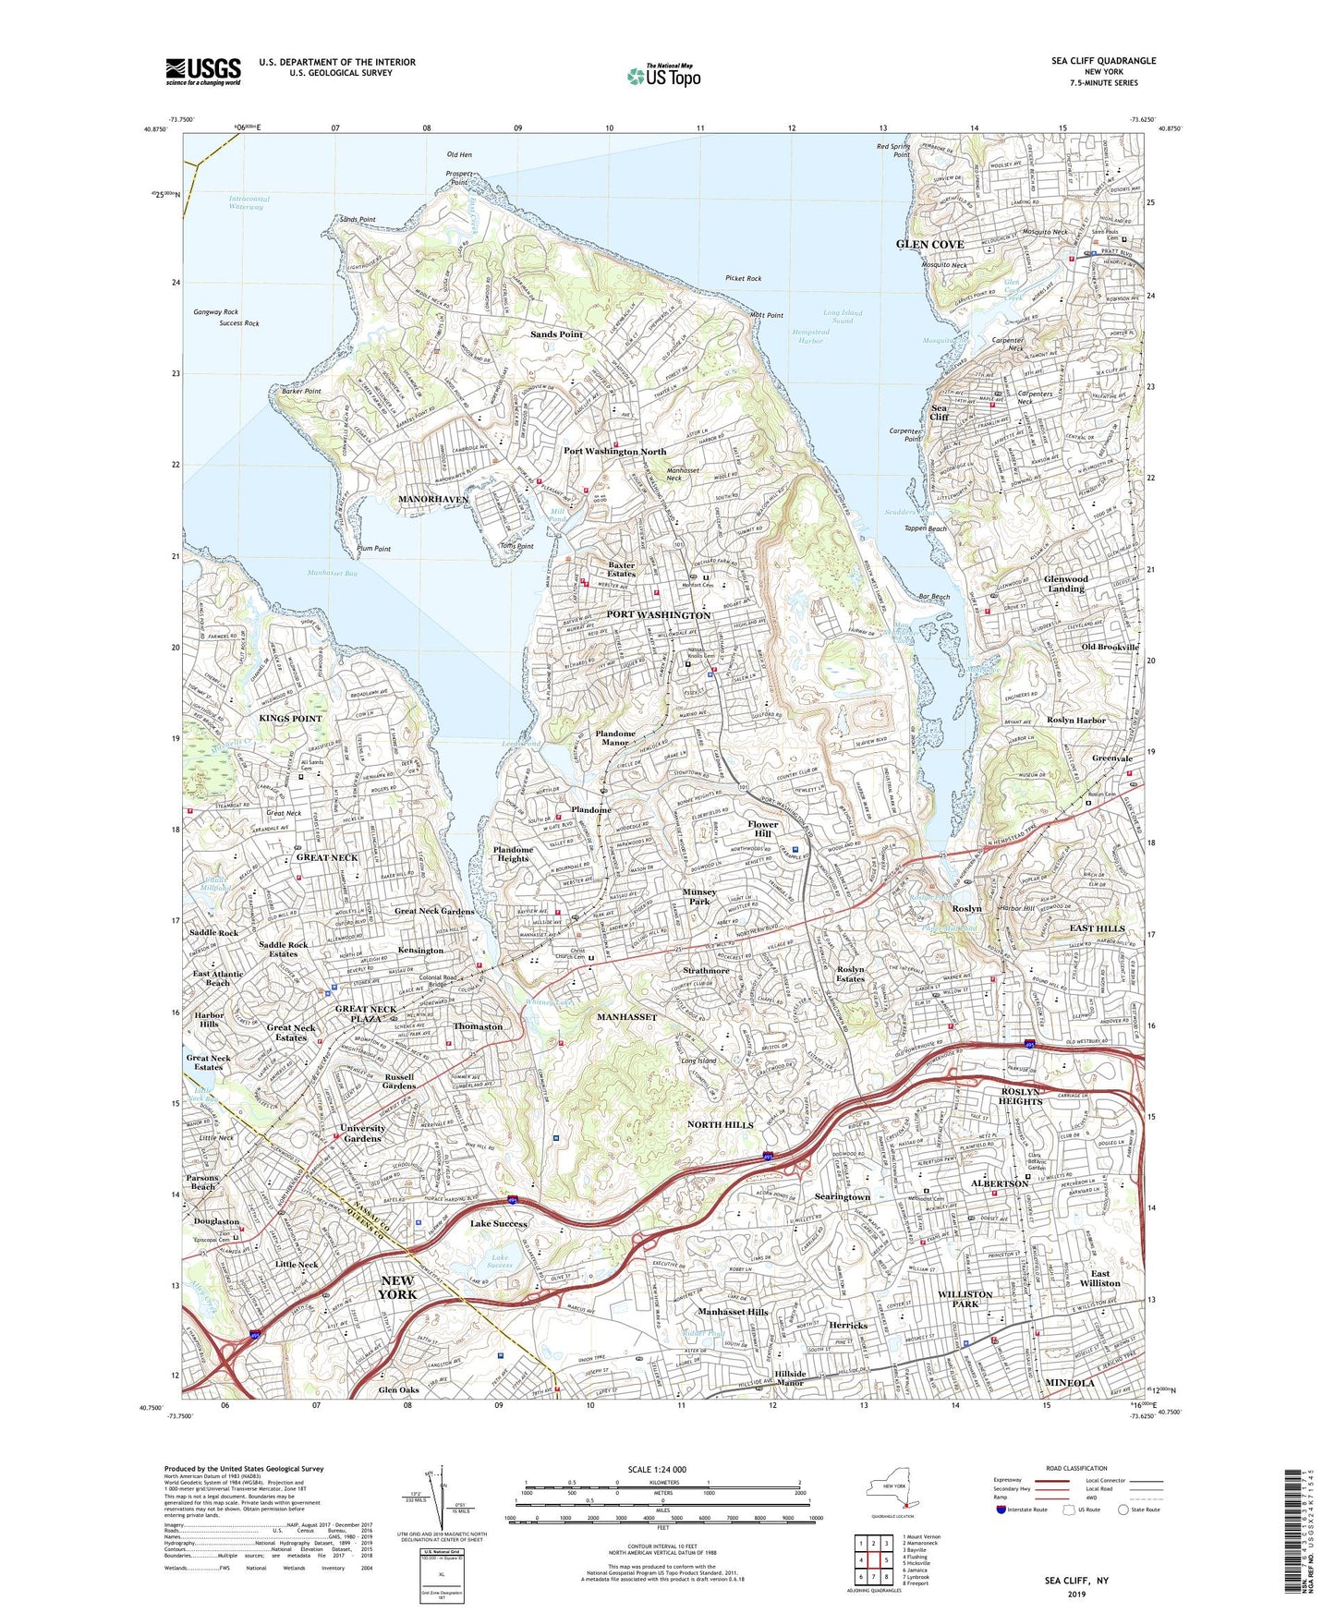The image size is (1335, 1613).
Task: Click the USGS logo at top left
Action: click(203, 71)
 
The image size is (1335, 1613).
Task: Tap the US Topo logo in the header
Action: click(662, 76)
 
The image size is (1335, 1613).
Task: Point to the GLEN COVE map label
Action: click(929, 244)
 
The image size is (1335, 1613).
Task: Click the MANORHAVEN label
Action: click(433, 500)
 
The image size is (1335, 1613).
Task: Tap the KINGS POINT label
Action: click(290, 718)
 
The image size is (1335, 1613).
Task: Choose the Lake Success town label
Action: click(499, 1223)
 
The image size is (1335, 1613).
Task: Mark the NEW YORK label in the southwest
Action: click(397, 1287)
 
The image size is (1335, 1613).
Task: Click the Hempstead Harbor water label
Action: click(810, 336)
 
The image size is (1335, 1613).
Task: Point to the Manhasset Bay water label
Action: click(332, 574)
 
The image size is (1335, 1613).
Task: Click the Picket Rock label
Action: click(743, 278)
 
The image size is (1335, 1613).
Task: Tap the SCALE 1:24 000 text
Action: click(657, 1469)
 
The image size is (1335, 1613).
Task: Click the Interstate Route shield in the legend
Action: click(1001, 1510)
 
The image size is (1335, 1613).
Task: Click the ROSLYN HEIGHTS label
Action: click(1020, 1097)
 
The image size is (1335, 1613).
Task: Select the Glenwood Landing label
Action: click(1066, 584)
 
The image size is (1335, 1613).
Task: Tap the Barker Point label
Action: click(302, 391)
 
